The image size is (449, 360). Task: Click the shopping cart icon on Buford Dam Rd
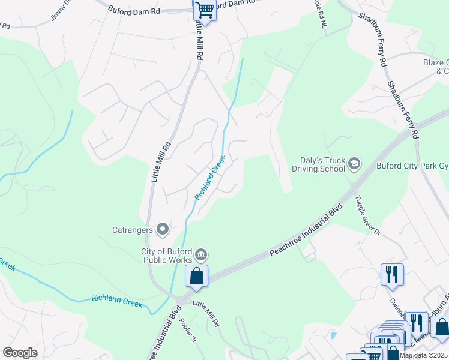click(x=205, y=10)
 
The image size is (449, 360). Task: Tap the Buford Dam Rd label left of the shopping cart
click(x=134, y=10)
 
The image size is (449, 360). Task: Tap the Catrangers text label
click(x=132, y=229)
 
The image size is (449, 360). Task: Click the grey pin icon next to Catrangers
click(x=162, y=229)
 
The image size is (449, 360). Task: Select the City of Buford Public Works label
click(x=166, y=256)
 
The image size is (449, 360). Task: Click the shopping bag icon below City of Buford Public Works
click(x=196, y=277)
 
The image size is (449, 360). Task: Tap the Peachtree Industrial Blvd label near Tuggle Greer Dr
click(x=306, y=232)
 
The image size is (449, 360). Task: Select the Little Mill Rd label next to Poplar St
click(x=205, y=314)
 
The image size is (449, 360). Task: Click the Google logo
click(x=20, y=353)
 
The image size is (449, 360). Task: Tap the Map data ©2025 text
click(x=423, y=356)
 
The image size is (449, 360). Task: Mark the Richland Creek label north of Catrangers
click(x=210, y=178)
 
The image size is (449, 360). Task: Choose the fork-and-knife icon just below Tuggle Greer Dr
click(x=391, y=274)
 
